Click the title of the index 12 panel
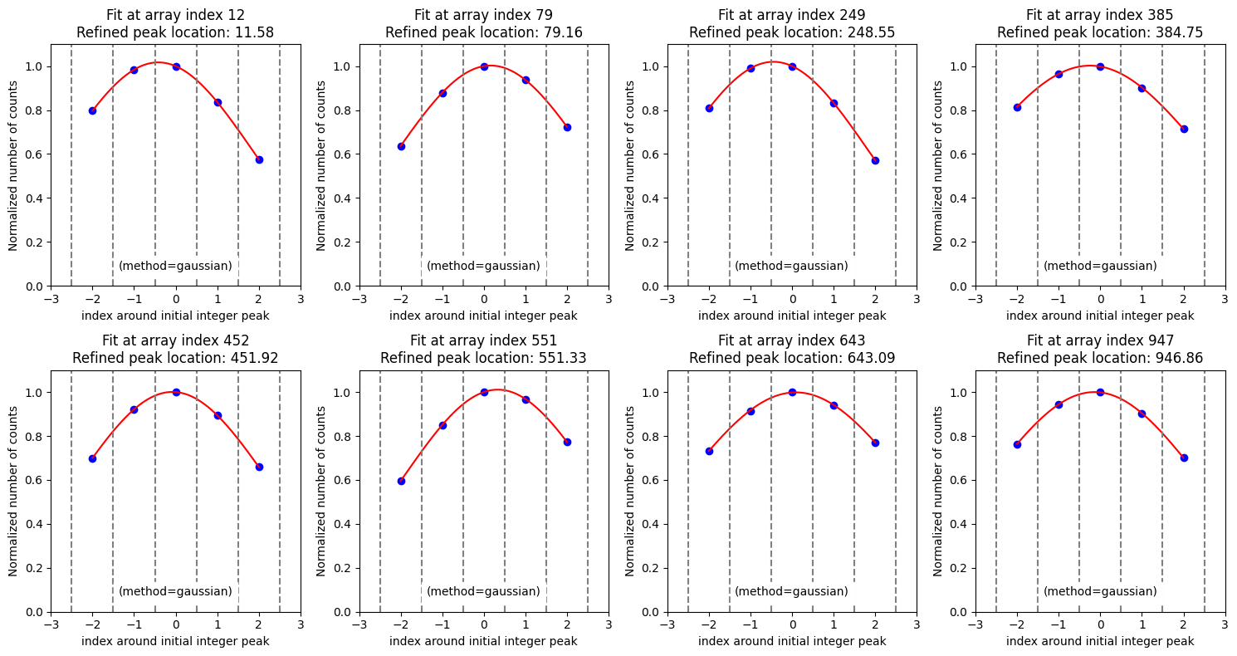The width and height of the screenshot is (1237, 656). click(175, 15)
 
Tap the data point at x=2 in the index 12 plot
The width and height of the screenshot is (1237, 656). click(259, 159)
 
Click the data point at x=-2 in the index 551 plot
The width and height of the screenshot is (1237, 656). click(401, 481)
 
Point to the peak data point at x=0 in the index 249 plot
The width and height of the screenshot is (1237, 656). click(792, 66)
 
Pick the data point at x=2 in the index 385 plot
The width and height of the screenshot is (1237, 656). click(1184, 129)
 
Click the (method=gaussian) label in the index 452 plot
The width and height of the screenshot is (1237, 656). click(175, 591)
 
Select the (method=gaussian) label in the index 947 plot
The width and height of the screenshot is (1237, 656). click(1100, 591)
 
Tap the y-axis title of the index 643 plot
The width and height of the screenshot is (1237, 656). click(630, 491)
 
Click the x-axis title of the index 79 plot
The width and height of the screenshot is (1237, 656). click(483, 316)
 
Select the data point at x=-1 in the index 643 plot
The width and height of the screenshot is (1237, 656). click(751, 411)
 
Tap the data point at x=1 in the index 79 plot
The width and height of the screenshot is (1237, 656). click(526, 80)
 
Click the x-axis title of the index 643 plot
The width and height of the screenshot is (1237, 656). click(792, 641)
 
